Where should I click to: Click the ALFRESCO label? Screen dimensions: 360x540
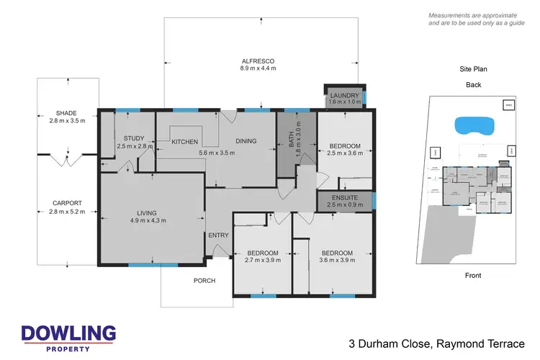click(x=258, y=60)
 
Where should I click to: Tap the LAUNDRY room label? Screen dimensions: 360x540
click(x=345, y=96)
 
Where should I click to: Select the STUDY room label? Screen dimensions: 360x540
click(x=134, y=138)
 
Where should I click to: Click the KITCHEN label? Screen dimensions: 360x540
click(x=185, y=142)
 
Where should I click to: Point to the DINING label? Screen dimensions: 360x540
click(x=244, y=141)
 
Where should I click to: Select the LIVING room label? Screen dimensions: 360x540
click(x=152, y=213)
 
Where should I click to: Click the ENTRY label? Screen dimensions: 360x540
click(x=219, y=236)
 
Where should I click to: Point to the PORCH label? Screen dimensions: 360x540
click(x=204, y=281)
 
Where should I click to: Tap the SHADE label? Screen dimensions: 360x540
click(x=66, y=113)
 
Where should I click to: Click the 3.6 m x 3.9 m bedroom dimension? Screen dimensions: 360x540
click(x=337, y=261)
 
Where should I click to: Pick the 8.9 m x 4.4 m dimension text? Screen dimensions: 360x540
click(x=258, y=68)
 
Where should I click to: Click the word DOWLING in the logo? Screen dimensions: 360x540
click(x=68, y=333)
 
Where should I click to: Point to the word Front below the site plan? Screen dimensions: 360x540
click(x=472, y=275)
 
